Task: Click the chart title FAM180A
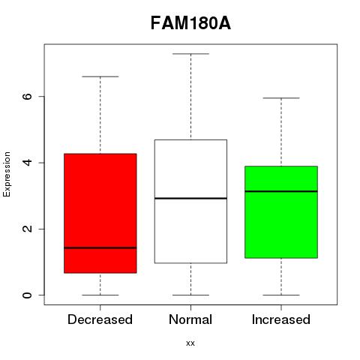[x=190, y=23]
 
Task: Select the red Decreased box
[x=100, y=213]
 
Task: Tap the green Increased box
[x=281, y=212]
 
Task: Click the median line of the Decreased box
[x=100, y=247]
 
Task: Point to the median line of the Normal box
[x=190, y=198]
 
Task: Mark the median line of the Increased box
[x=281, y=191]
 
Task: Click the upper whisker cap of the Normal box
[x=190, y=54]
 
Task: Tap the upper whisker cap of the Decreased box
[x=100, y=76]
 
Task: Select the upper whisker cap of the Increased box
[x=281, y=98]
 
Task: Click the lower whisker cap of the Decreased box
[x=100, y=295]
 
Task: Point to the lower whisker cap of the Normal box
[x=190, y=295]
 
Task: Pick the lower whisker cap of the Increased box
[x=281, y=295]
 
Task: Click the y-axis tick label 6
[x=27, y=96]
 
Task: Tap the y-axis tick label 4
[x=27, y=163]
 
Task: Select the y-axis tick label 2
[x=27, y=229]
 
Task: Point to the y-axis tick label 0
[x=27, y=295]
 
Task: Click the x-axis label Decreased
[x=100, y=319]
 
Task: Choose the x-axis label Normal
[x=190, y=319]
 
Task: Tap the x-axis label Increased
[x=281, y=319]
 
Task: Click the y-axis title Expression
[x=7, y=174]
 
